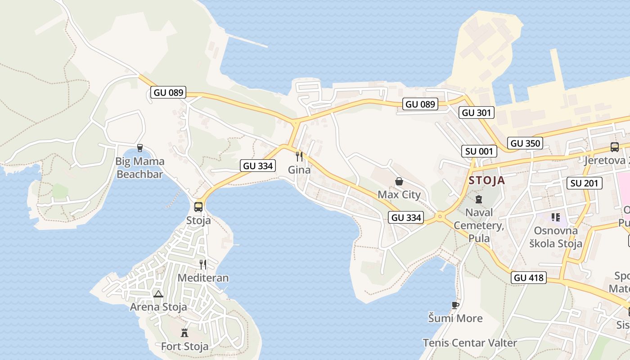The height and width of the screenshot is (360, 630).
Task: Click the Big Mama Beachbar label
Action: tap(139, 168)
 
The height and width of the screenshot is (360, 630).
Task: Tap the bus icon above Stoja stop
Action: tap(198, 207)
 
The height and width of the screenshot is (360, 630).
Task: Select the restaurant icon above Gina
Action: tap(299, 156)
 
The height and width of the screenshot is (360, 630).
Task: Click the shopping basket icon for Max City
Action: tap(399, 181)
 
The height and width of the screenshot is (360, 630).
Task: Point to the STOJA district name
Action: tap(486, 181)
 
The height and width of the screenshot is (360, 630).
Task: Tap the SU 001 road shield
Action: tap(479, 151)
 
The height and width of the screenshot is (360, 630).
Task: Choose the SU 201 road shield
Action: tap(584, 183)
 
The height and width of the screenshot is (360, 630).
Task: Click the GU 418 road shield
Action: tap(529, 278)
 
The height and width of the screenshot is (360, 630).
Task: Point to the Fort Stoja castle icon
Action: tap(184, 333)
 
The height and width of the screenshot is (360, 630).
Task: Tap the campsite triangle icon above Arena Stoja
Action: tap(158, 294)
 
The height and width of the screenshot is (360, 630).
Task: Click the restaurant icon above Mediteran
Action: tap(203, 264)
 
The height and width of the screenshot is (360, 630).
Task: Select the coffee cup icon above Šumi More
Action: tap(455, 305)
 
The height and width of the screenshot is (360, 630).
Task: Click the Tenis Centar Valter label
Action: tap(470, 343)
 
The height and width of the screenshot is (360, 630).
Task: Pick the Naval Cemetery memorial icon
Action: tap(479, 199)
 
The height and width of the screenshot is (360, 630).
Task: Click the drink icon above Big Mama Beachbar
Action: tap(140, 148)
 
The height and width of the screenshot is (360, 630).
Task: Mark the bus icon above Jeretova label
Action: tap(614, 147)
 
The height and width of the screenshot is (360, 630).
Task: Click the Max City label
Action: tap(399, 195)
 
